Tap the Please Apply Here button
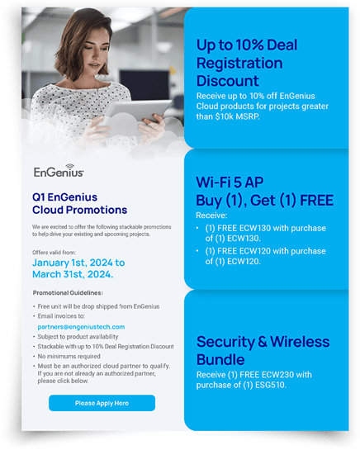pyautogui.click(x=102, y=403)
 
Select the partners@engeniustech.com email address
pyautogui.click(x=81, y=327)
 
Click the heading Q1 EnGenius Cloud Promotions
pyautogui.click(x=71, y=204)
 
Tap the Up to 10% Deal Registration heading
pyautogui.click(x=252, y=62)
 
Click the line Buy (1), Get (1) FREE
pyautogui.click(x=264, y=201)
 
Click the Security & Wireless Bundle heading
pyautogui.click(x=255, y=350)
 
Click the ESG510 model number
pyautogui.click(x=270, y=384)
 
